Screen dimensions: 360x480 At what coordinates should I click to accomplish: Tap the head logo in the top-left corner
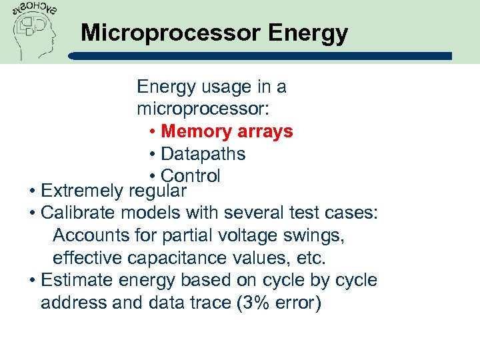(33, 29)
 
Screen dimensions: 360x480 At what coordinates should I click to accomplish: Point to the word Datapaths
(203, 154)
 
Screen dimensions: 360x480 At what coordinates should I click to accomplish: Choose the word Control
(191, 176)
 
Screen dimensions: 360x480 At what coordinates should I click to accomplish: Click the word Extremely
(81, 191)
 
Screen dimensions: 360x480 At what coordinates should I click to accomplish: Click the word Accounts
(85, 235)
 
